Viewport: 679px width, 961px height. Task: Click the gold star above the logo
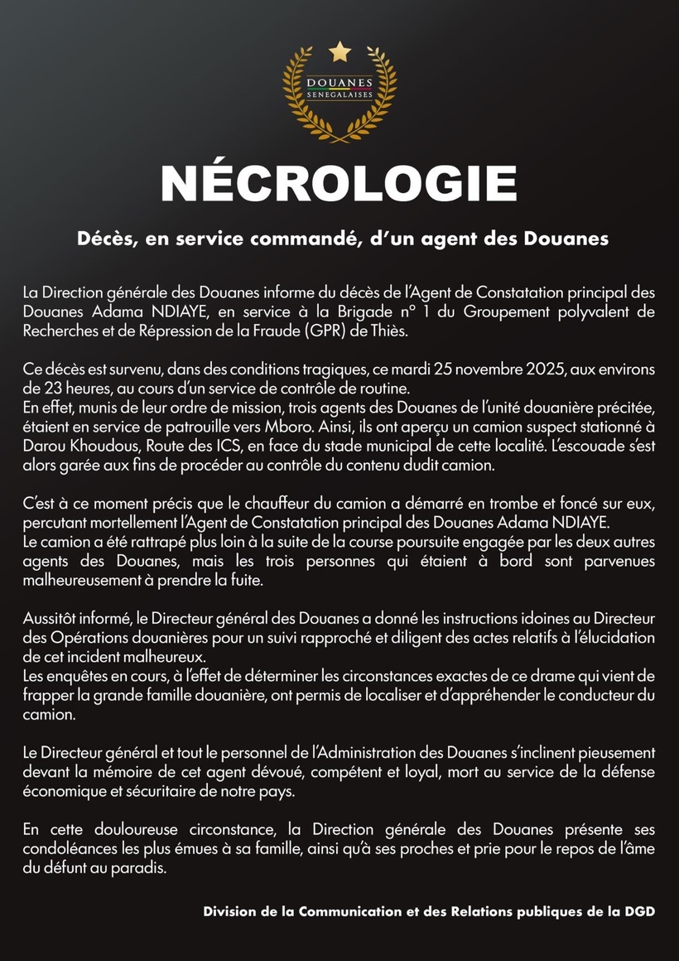pos(339,52)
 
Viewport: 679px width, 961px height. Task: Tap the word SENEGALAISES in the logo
pos(339,95)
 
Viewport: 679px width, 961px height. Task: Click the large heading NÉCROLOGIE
pos(339,184)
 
